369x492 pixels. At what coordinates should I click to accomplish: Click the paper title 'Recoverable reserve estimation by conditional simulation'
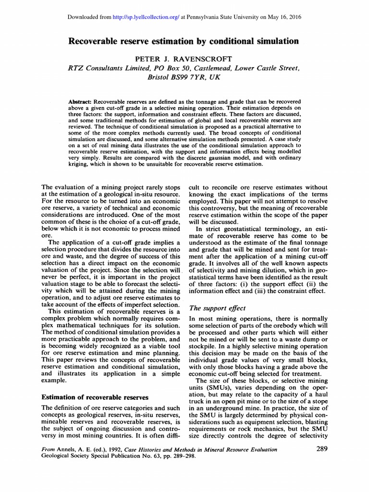[x=184, y=41]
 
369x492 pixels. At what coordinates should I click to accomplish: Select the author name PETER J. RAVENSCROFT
[x=184, y=59]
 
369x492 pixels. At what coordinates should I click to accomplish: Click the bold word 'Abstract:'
[x=80, y=102]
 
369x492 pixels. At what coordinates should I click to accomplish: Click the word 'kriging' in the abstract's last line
[x=79, y=164]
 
